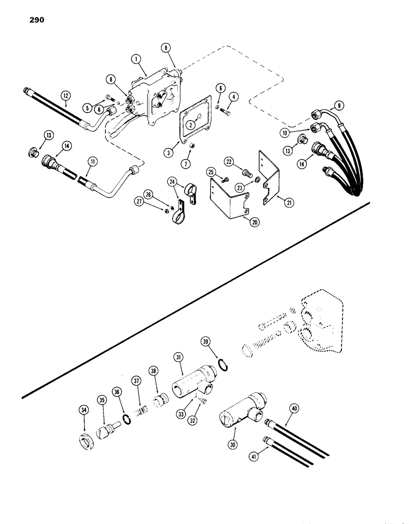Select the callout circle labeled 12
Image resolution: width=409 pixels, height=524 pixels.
[x=65, y=95]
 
